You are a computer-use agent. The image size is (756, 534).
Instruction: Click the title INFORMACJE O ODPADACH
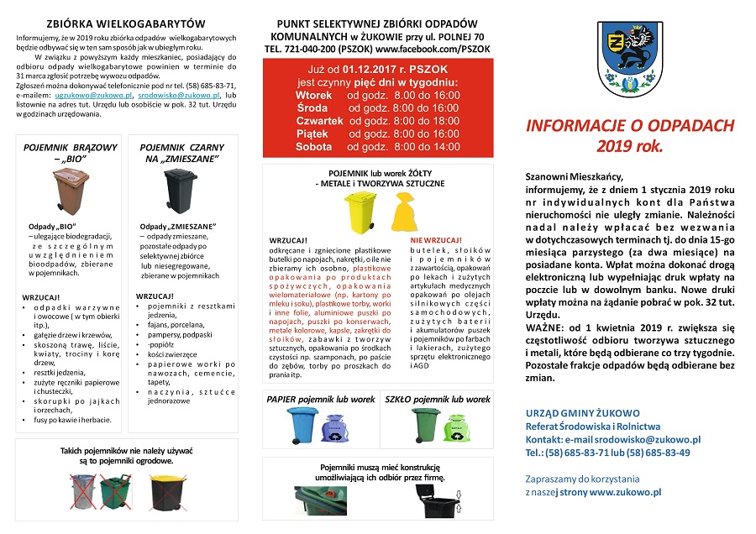[x=630, y=126]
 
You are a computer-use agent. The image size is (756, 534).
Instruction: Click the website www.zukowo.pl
[x=625, y=492]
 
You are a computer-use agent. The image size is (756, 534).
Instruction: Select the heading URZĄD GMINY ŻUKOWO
[x=582, y=413]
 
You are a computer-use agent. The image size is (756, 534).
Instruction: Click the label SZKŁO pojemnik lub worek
[x=437, y=400]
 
